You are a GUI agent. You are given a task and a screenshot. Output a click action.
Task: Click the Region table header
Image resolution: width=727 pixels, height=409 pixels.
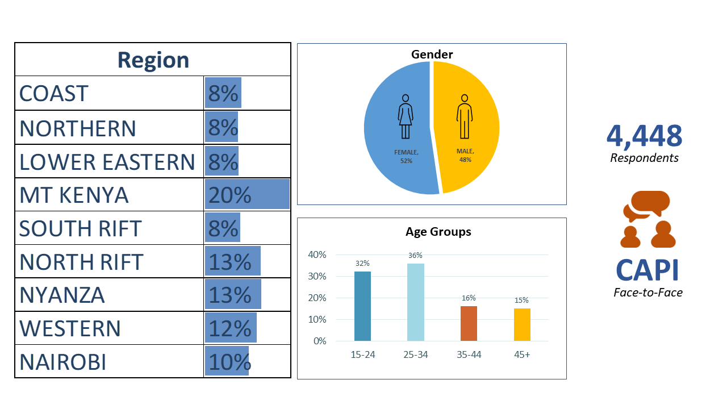tap(153, 60)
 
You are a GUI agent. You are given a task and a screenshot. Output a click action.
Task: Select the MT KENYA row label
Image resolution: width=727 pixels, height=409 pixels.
tap(74, 195)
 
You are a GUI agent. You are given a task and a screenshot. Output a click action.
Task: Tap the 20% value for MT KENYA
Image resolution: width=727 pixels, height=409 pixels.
tap(229, 195)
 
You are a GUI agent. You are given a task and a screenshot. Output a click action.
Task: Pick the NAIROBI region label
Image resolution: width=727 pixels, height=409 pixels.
tap(63, 362)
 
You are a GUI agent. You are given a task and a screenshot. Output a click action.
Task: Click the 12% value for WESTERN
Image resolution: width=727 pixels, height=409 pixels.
tap(229, 328)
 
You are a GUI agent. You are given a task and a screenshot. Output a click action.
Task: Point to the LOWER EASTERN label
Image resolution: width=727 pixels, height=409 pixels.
tap(107, 162)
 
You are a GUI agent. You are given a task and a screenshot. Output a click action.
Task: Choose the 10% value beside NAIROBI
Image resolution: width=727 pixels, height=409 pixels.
tap(229, 362)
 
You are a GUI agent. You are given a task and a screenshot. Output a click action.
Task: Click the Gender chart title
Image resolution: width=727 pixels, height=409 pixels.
tap(432, 55)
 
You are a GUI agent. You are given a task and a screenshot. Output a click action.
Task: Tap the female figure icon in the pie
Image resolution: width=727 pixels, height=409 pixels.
tap(405, 116)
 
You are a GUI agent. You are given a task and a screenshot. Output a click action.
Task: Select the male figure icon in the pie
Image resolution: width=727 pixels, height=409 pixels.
tap(464, 116)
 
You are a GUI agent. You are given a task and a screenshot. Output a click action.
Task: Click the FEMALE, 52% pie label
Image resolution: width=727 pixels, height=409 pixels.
tap(406, 156)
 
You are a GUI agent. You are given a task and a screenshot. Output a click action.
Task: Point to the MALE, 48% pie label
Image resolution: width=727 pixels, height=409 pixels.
tap(465, 155)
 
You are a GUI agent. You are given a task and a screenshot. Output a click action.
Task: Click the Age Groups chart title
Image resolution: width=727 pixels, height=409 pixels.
tap(438, 232)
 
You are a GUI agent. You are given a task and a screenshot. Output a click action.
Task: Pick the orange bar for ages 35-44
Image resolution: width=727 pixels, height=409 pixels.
tap(469, 323)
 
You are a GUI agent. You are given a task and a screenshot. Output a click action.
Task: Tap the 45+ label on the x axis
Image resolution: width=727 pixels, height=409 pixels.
tap(521, 355)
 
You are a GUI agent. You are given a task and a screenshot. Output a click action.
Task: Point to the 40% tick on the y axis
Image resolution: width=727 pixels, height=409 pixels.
tap(317, 255)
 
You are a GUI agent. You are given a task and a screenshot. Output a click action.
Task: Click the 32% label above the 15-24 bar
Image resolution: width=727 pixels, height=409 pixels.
tap(362, 264)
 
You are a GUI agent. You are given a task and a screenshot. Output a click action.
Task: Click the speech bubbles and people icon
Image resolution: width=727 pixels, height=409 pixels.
tap(647, 219)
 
